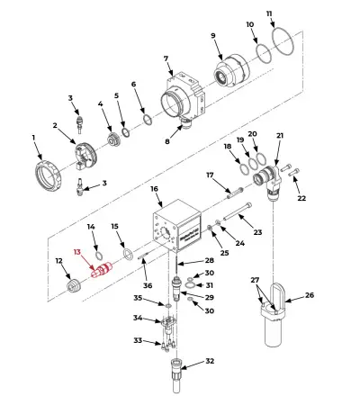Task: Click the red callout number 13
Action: click(x=76, y=253)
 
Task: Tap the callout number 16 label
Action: click(x=154, y=190)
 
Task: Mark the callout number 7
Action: click(x=166, y=59)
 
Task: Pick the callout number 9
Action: click(x=213, y=36)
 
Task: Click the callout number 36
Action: click(x=148, y=285)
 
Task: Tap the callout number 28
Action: click(x=209, y=260)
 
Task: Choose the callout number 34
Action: click(x=137, y=317)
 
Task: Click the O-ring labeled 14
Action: click(x=98, y=247)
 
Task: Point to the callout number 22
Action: click(x=301, y=198)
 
